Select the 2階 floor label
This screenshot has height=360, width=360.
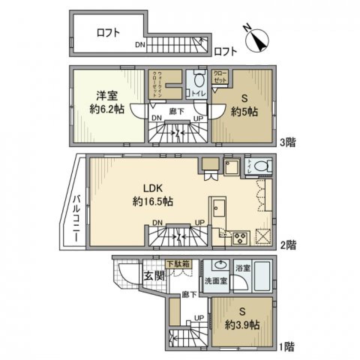(288, 246)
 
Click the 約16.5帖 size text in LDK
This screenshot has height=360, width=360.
(153, 202)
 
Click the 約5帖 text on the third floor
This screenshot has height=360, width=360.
(244, 112)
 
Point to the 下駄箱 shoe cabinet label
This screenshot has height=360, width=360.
(178, 264)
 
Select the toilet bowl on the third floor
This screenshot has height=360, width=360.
(199, 80)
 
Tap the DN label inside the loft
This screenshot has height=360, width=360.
(140, 45)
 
